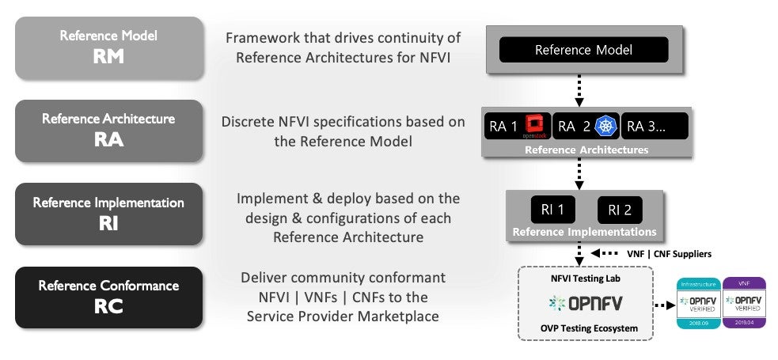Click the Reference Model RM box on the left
[109, 47]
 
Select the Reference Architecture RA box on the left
[109, 131]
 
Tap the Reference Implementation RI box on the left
[109, 214]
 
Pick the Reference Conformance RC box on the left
[109, 297]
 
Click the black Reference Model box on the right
[583, 51]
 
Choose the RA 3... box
[655, 126]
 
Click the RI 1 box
[552, 210]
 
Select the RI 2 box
[620, 210]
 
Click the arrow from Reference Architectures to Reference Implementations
[579, 173]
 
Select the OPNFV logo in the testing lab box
[585, 302]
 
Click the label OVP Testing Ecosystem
[585, 328]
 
